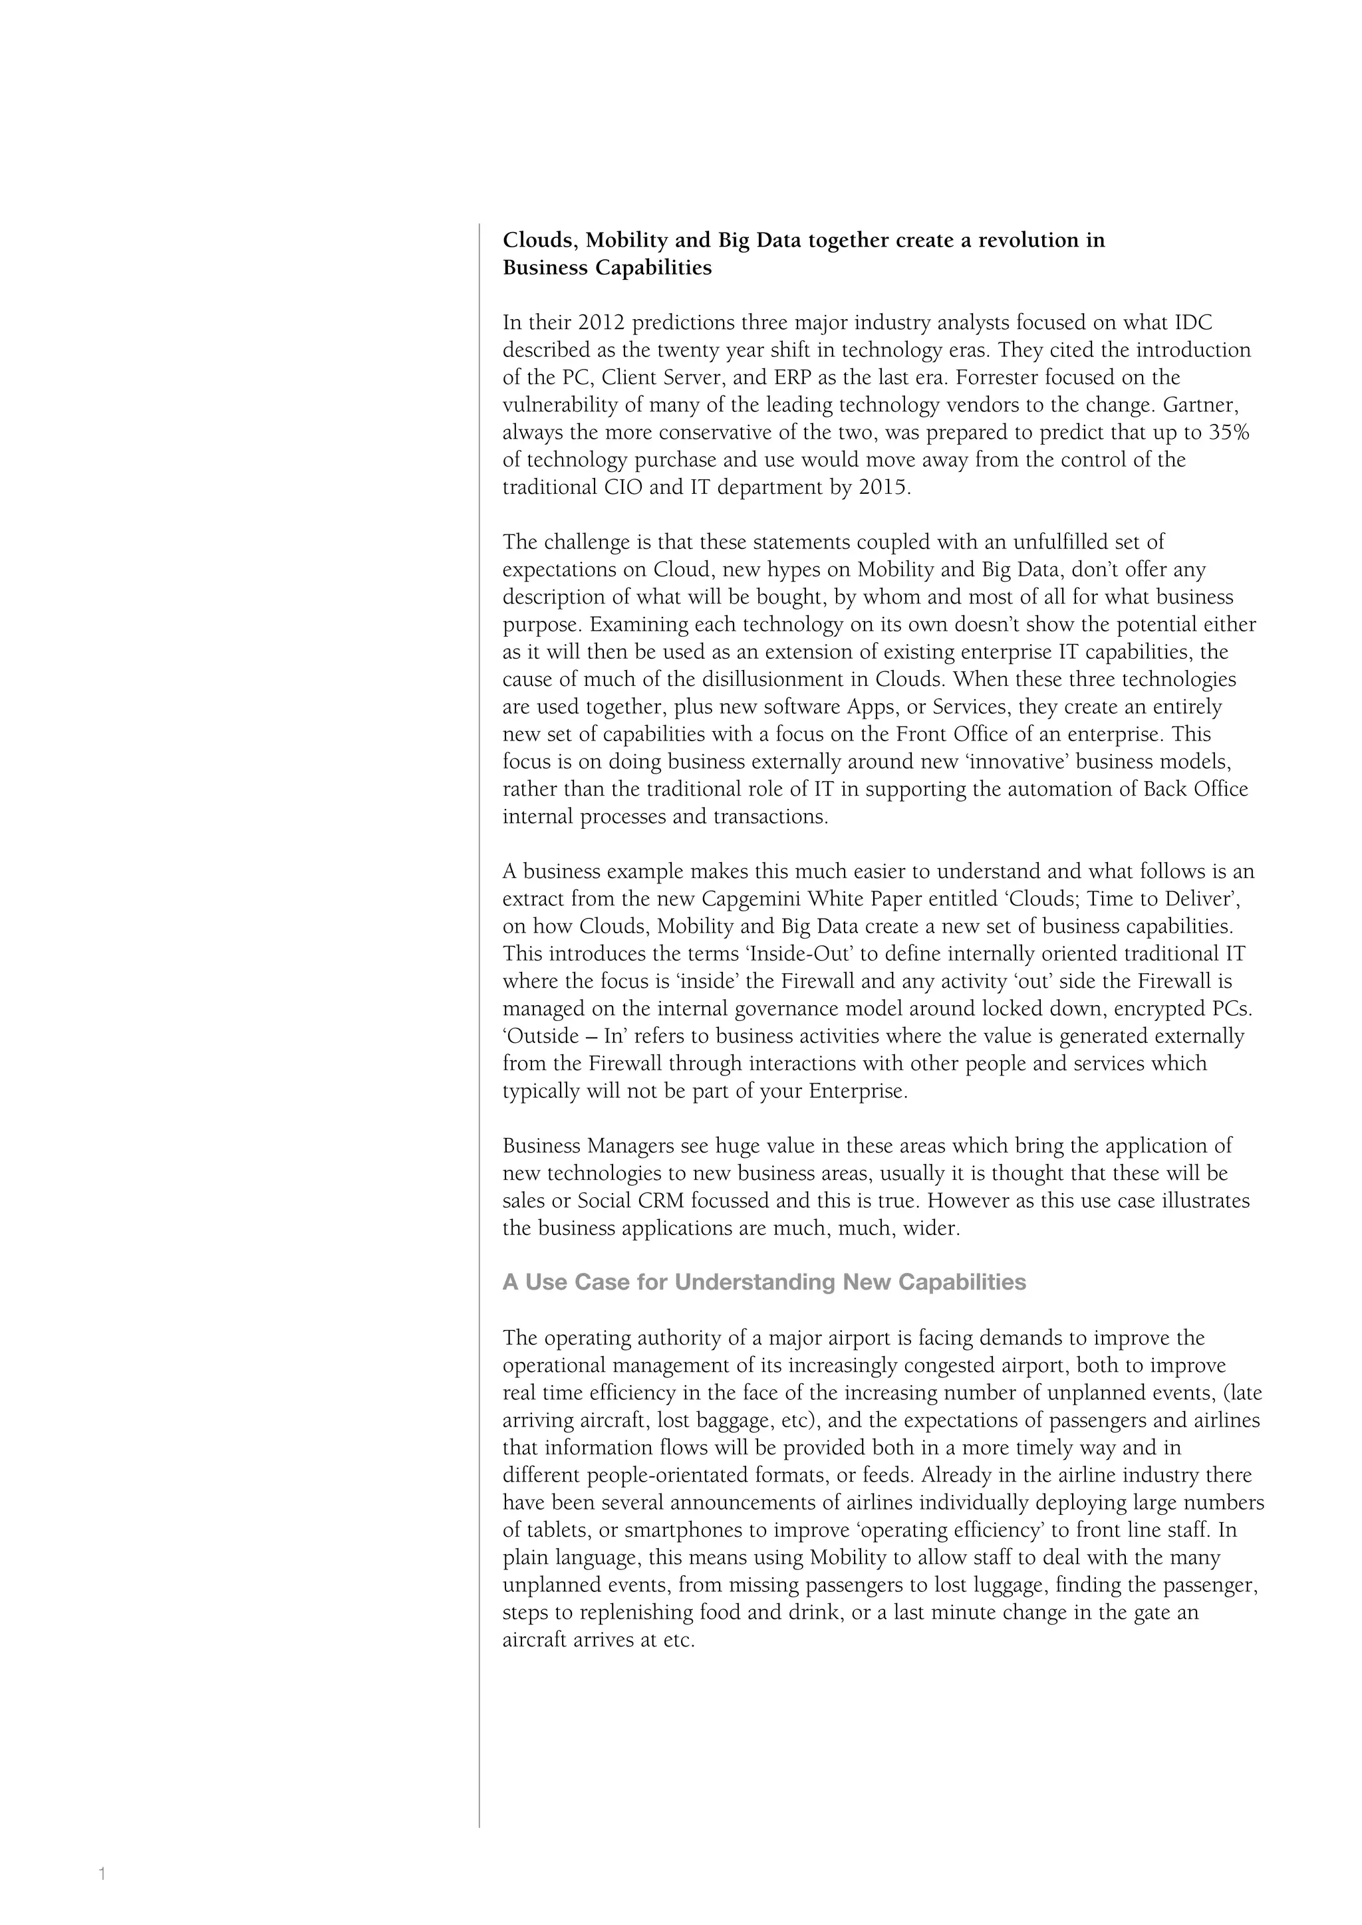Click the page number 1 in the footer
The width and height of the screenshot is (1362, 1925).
[x=102, y=1873]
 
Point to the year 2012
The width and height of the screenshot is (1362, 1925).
[x=601, y=323]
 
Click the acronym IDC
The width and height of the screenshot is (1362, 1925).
[x=1192, y=323]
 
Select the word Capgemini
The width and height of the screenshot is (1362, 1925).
[x=751, y=899]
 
